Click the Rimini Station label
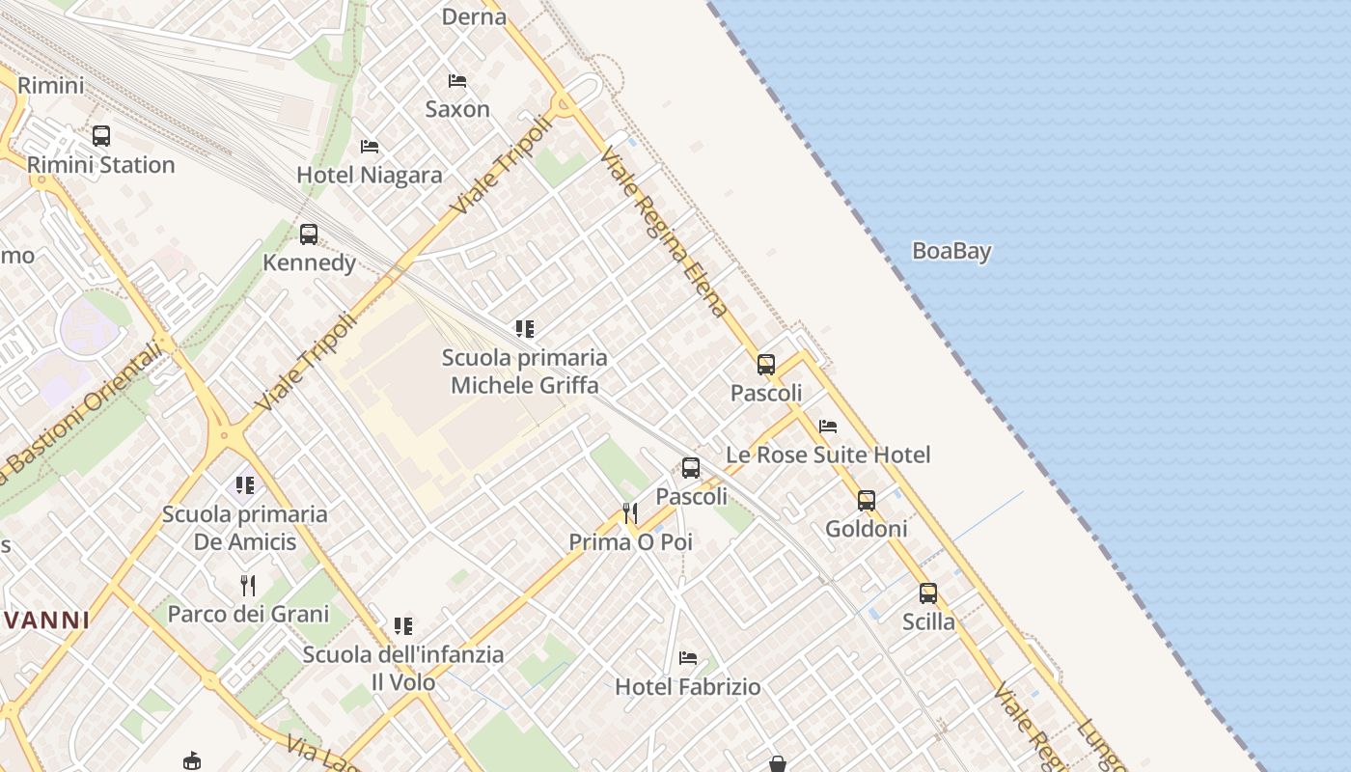(x=100, y=165)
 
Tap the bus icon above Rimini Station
(x=100, y=136)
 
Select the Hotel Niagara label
(x=369, y=176)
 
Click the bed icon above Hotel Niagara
(x=369, y=147)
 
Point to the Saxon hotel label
(x=457, y=109)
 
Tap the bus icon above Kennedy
(x=309, y=234)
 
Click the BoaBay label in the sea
(x=951, y=251)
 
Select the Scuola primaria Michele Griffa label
(x=525, y=372)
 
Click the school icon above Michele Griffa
(x=524, y=329)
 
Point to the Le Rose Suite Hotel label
(x=828, y=455)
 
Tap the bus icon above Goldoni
(x=867, y=500)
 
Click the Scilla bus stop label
(x=928, y=621)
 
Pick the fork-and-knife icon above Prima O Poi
(x=630, y=512)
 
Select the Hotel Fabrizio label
(x=687, y=687)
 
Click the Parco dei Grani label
(x=248, y=614)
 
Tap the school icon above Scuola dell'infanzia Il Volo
(x=403, y=626)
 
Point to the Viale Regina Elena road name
(x=663, y=232)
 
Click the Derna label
(x=474, y=16)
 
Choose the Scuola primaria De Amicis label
(x=245, y=528)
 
